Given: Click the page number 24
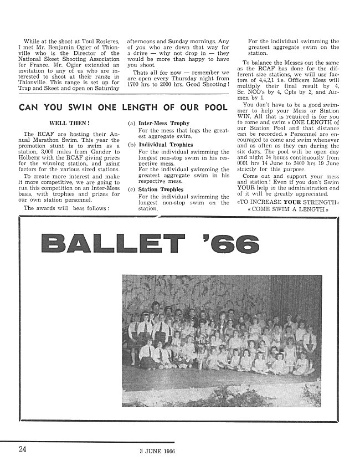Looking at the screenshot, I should coord(22,449).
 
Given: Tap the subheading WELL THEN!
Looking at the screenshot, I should coord(66,123).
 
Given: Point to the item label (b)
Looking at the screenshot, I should coord(131,145).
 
